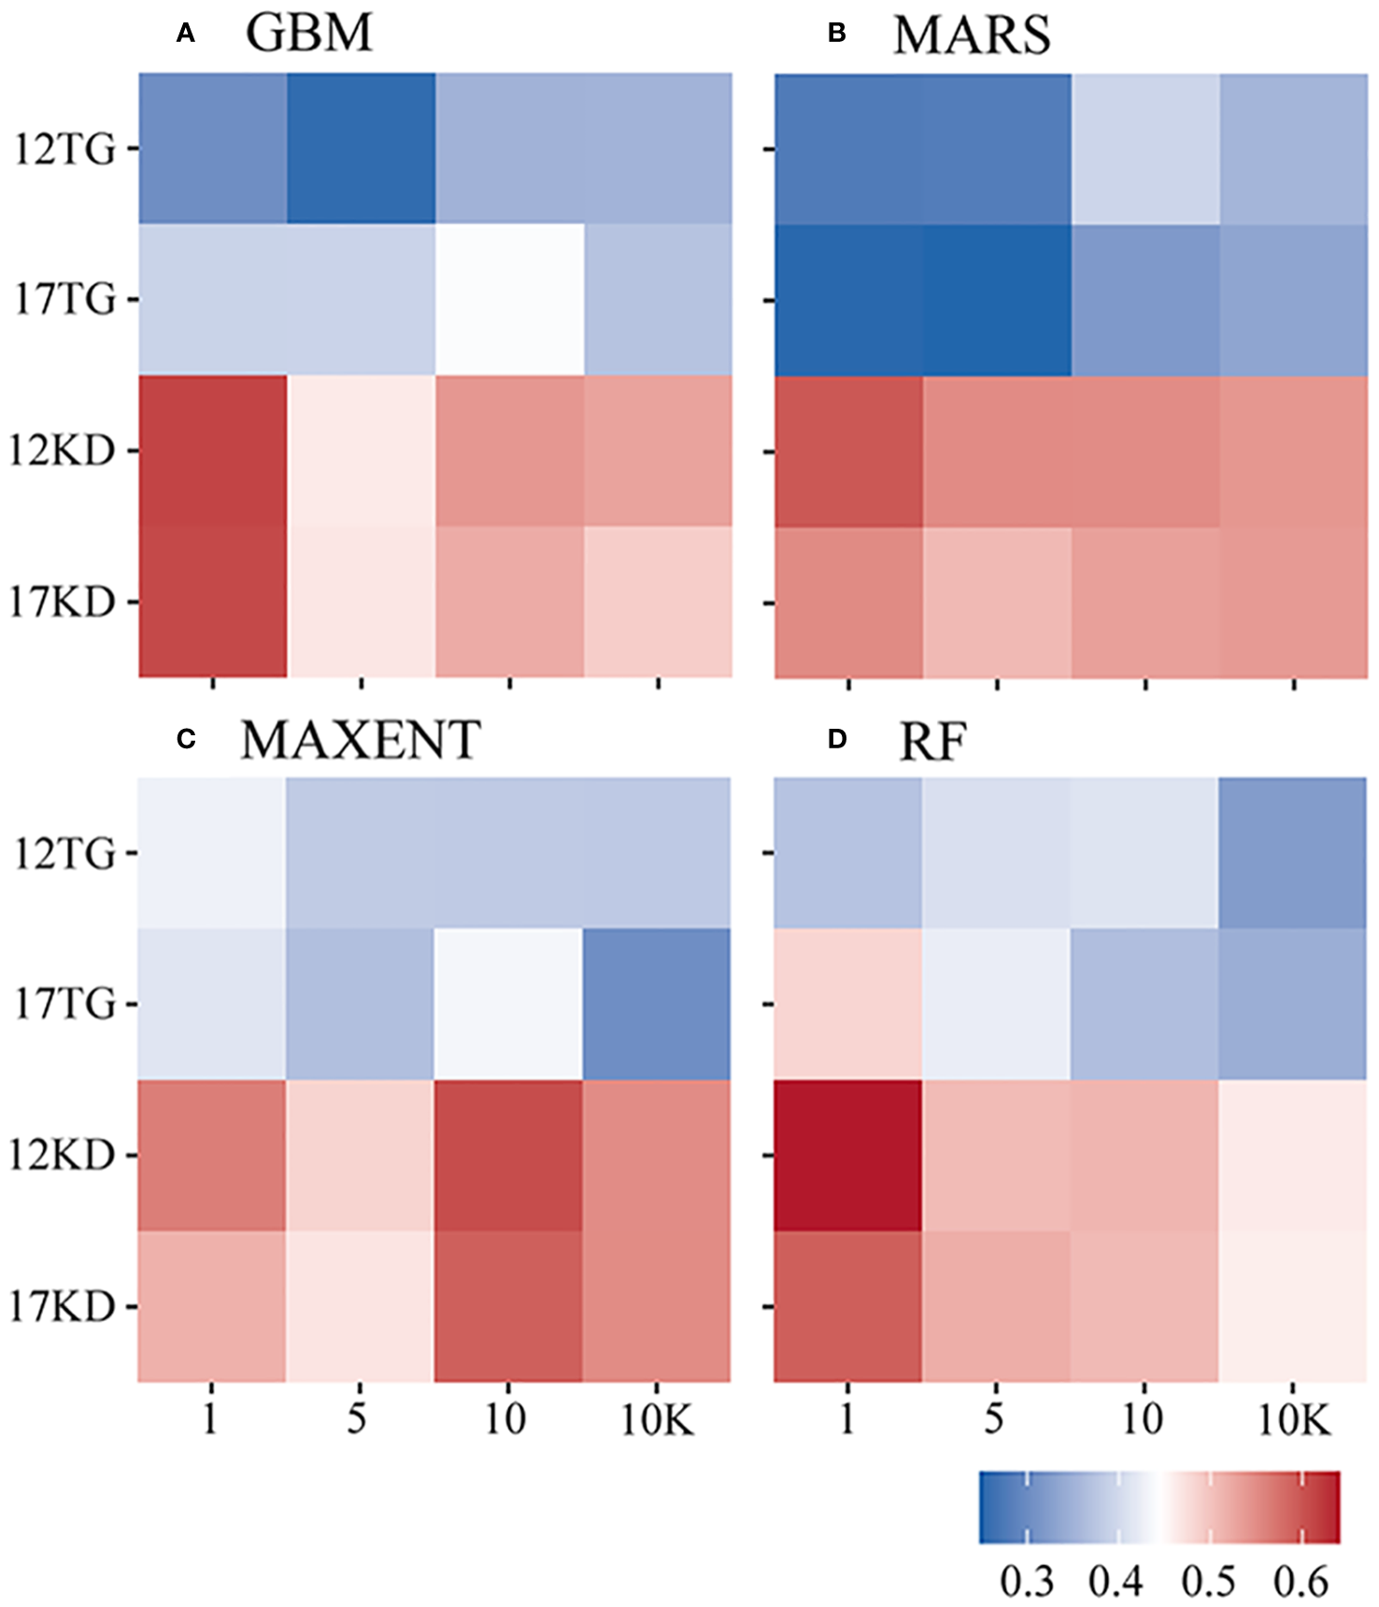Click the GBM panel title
tap(309, 34)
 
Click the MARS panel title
tap(972, 36)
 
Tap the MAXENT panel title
tap(361, 740)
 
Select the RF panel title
tap(931, 742)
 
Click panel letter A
tap(185, 35)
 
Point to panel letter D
tap(837, 740)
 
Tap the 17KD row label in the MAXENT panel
tap(63, 1306)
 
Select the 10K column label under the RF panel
tap(1294, 1421)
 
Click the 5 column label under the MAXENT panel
tap(357, 1419)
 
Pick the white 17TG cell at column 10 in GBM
tap(509, 300)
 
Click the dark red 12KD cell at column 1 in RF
tap(848, 1156)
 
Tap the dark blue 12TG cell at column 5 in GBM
tap(361, 149)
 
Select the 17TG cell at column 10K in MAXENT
tap(657, 1004)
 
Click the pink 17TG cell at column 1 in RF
tap(848, 1004)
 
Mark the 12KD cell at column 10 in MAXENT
tap(508, 1156)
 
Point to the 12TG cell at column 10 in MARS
tap(1145, 149)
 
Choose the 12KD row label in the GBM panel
tap(63, 451)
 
